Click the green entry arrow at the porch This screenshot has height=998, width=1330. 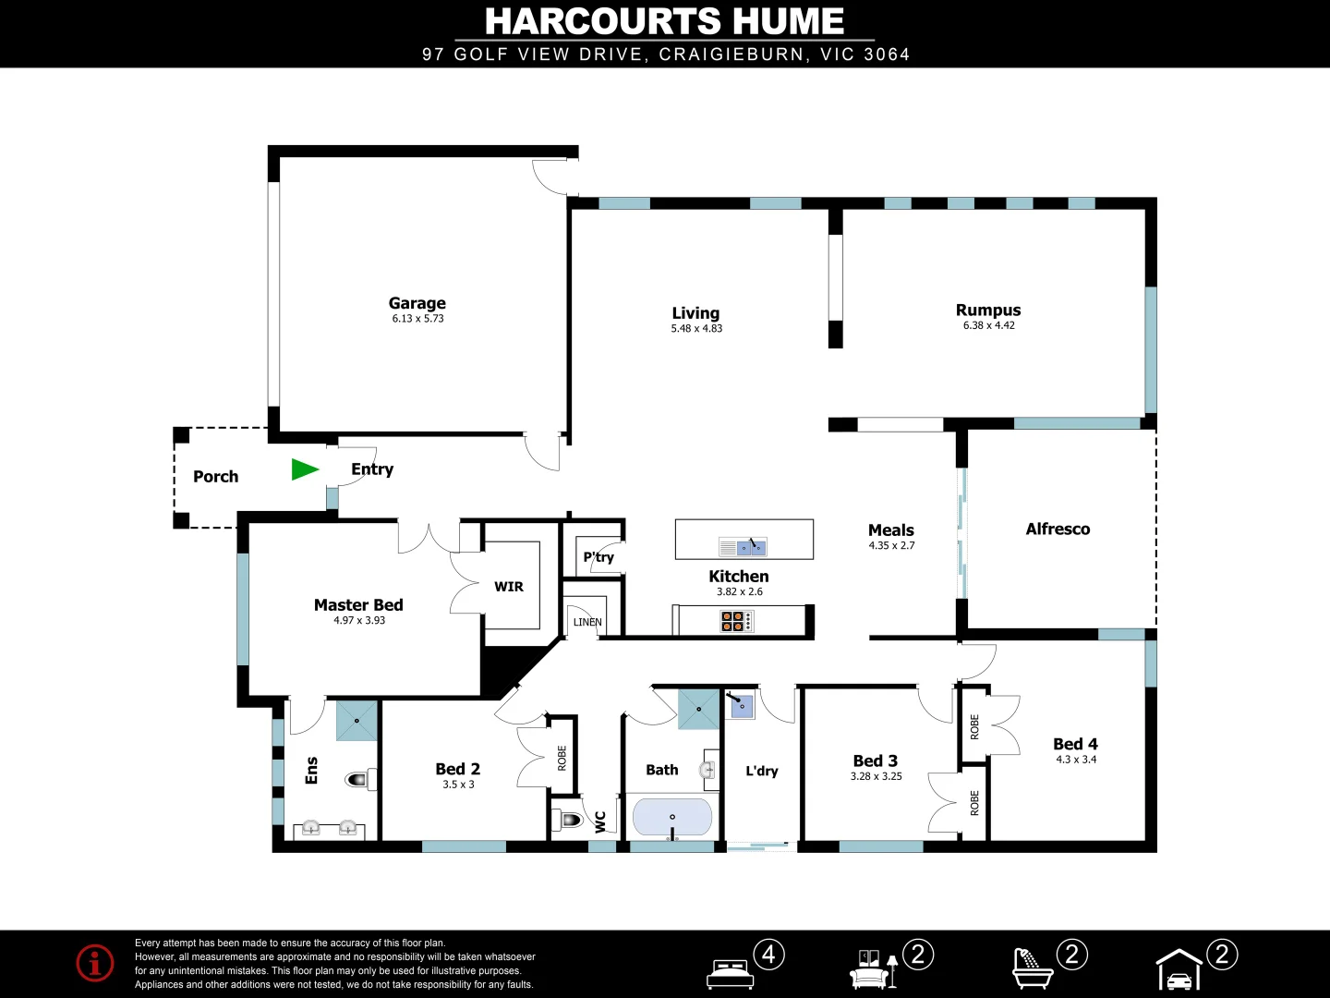tap(304, 469)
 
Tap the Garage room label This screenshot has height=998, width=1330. tap(417, 303)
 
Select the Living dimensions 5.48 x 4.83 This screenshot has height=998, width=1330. tap(696, 329)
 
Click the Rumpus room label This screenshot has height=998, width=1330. tap(988, 310)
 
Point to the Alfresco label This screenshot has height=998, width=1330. tap(1058, 529)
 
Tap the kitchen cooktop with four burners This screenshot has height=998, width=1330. tap(735, 621)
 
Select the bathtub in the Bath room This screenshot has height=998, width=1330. tap(672, 818)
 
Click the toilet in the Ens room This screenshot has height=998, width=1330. tap(359, 780)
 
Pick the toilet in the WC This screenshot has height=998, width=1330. tap(567, 820)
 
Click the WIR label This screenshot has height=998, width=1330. tap(509, 587)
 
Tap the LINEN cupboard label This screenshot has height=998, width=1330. tap(587, 623)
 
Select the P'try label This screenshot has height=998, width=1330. tap(598, 557)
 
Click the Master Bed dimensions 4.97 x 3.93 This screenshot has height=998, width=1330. tap(359, 621)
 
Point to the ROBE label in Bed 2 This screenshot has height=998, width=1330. tap(562, 759)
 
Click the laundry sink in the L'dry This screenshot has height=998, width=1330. tap(742, 707)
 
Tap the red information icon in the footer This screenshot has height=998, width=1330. tap(95, 963)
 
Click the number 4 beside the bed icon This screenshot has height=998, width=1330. tap(768, 954)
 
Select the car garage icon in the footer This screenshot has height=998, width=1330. tap(1179, 970)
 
